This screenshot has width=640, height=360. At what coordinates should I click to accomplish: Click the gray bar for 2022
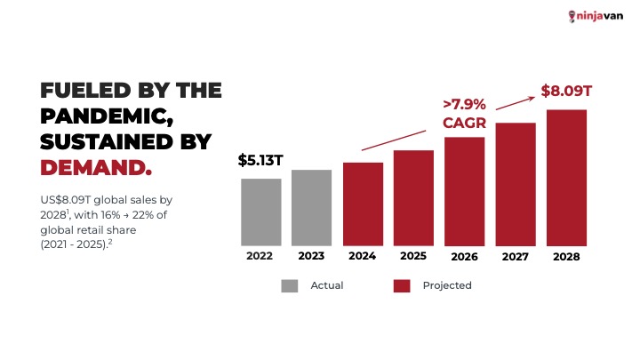click(260, 212)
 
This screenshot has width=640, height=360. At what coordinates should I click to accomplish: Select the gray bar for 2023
click(311, 207)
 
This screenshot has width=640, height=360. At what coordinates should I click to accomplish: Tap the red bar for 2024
click(363, 204)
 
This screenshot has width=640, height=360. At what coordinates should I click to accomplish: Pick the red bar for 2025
click(413, 197)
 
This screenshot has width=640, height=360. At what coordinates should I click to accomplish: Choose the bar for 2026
click(464, 191)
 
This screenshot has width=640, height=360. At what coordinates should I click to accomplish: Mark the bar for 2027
click(516, 184)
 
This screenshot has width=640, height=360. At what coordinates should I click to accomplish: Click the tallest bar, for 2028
click(566, 177)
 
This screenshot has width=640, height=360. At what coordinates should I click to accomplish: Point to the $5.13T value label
click(260, 161)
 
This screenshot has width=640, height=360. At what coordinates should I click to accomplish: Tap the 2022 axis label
click(260, 256)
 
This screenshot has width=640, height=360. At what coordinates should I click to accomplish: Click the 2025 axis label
click(413, 256)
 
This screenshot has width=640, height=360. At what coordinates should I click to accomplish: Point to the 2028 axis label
click(566, 256)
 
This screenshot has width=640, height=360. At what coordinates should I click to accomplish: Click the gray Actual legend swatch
click(290, 285)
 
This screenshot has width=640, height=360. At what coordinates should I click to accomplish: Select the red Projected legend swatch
click(402, 285)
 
